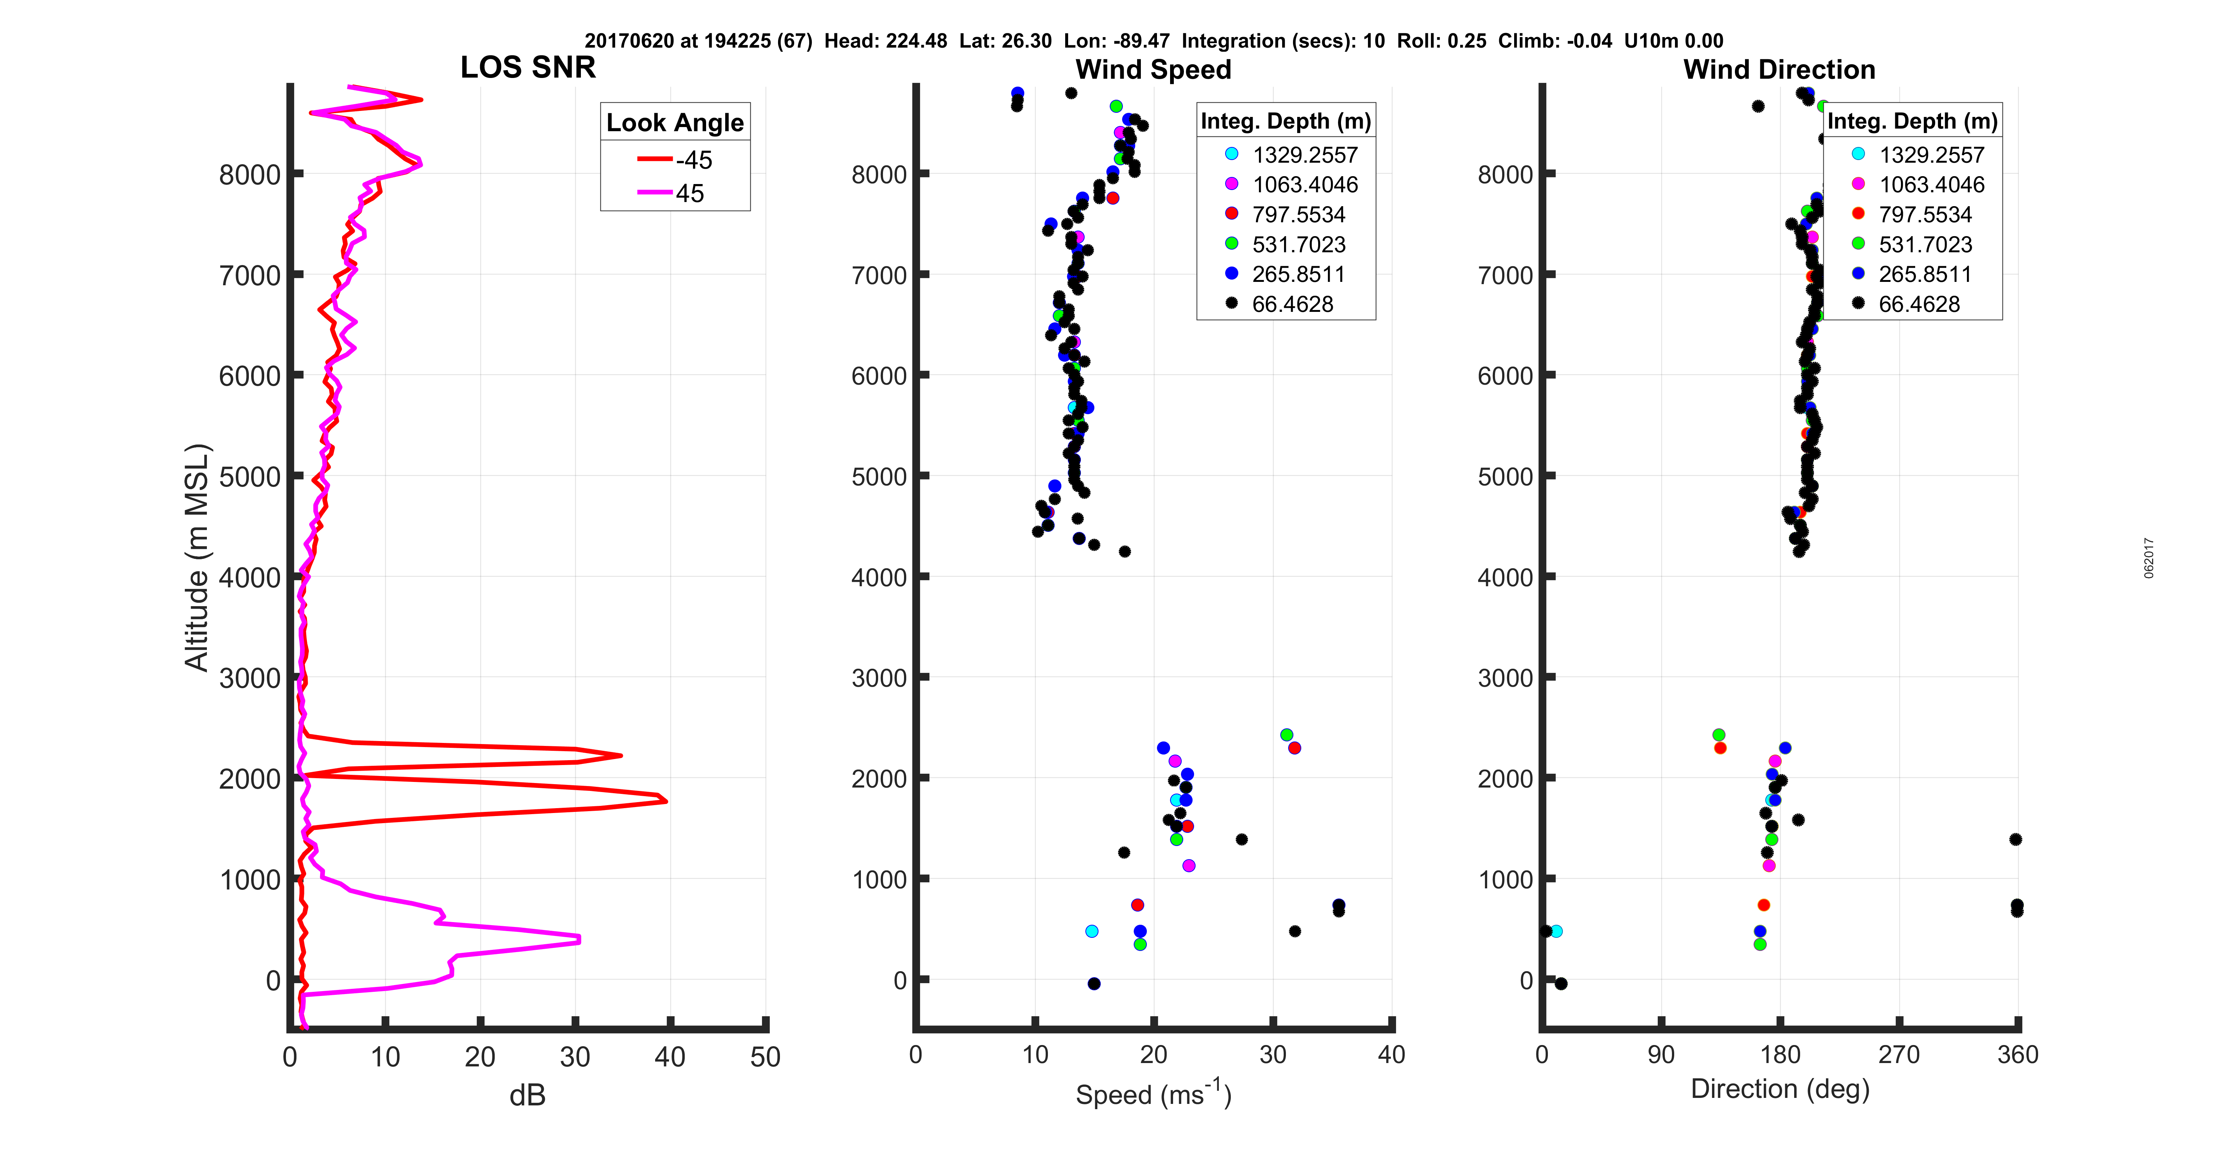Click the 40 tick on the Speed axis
[1390, 1055]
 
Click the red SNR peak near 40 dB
[665, 800]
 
